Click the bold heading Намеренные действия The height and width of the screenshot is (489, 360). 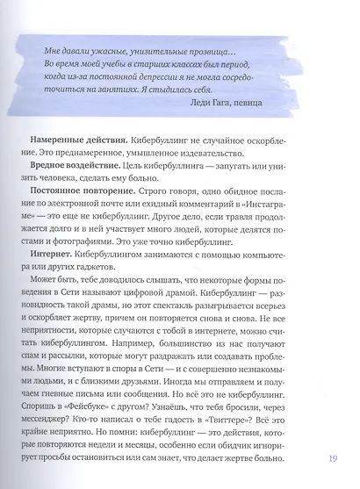(80, 140)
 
